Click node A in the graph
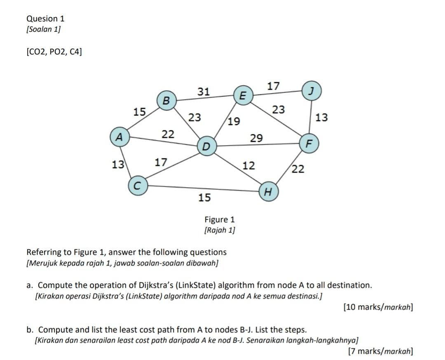[x=119, y=137]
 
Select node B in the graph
[x=166, y=100]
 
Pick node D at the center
[x=206, y=146]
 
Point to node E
[x=243, y=95]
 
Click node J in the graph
[x=312, y=91]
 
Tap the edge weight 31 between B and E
[x=204, y=92]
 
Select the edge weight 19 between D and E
[x=234, y=121]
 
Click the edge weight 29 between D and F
[x=256, y=138]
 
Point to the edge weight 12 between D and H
[x=248, y=166]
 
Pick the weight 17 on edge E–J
[x=273, y=86]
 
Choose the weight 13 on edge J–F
[x=321, y=118]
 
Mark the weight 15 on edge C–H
[x=204, y=198]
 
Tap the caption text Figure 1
[x=220, y=219]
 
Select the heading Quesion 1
[x=45, y=19]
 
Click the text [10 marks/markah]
[x=378, y=307]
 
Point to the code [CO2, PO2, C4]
[x=54, y=52]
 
